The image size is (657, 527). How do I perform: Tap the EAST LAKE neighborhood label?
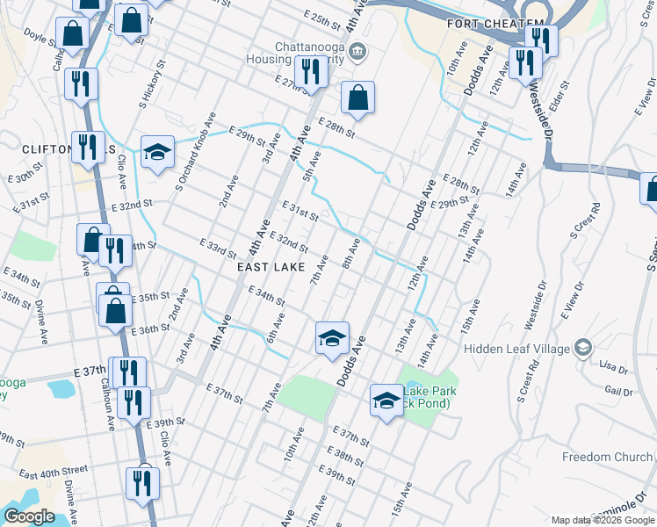pos(271,266)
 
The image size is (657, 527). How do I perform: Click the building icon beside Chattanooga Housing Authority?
pos(357,50)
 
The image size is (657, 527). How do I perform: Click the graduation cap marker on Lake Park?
pos(386,401)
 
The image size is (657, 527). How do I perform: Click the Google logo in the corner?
pos(29,516)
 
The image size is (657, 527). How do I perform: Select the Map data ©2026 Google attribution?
pos(602,520)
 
